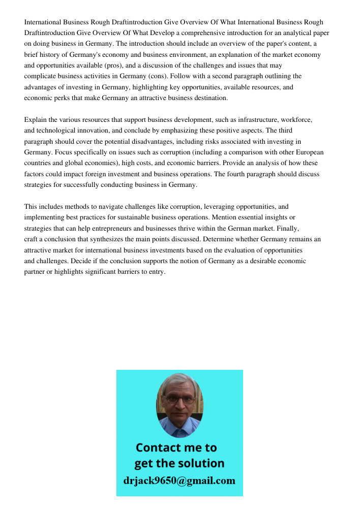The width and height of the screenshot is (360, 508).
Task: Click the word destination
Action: click(209, 98)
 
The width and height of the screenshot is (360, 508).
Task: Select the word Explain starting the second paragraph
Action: click(35, 120)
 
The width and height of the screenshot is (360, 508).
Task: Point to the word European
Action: click(307, 152)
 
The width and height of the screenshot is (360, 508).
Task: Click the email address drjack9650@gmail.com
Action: click(179, 481)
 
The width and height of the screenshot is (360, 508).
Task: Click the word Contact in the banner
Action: click(158, 448)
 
